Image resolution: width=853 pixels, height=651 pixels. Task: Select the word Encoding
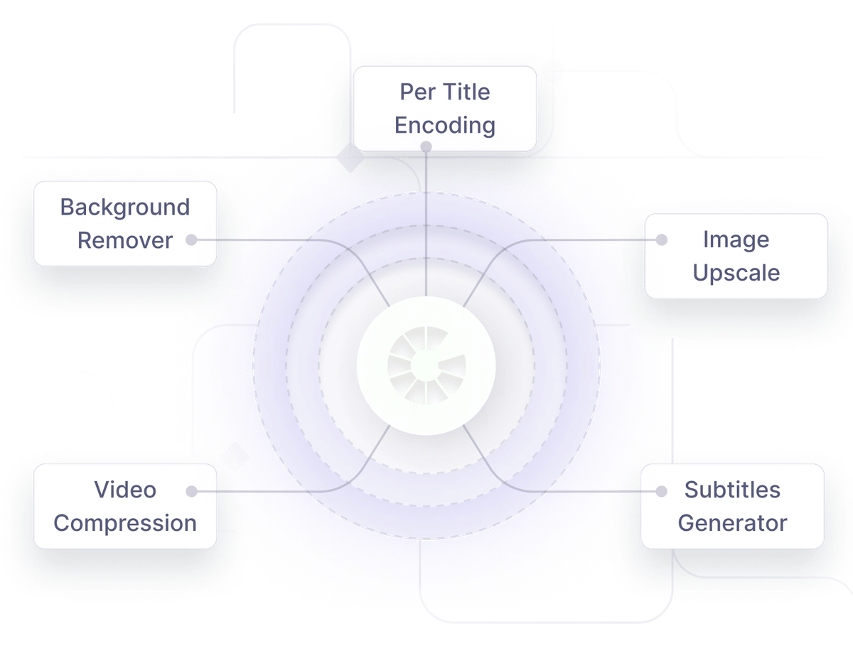[445, 125]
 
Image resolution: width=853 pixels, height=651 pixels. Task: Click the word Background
[125, 208]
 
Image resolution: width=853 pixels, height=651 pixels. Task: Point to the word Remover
[125, 240]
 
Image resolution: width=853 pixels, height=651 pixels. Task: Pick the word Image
[736, 240]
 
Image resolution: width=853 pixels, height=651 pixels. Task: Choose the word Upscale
[736, 273]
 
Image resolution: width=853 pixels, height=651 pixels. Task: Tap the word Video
[125, 490]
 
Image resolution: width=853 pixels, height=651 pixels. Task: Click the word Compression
[125, 523]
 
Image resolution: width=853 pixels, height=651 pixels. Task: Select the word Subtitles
[732, 490]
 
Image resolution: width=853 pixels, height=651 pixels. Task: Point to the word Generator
[732, 523]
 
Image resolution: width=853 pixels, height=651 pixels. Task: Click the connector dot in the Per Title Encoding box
[426, 146]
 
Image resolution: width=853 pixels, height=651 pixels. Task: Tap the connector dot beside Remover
[191, 240]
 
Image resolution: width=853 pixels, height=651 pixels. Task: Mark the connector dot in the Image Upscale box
[662, 240]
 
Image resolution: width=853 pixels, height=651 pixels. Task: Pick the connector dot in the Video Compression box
[191, 491]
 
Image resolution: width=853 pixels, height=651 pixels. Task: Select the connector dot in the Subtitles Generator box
[662, 491]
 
